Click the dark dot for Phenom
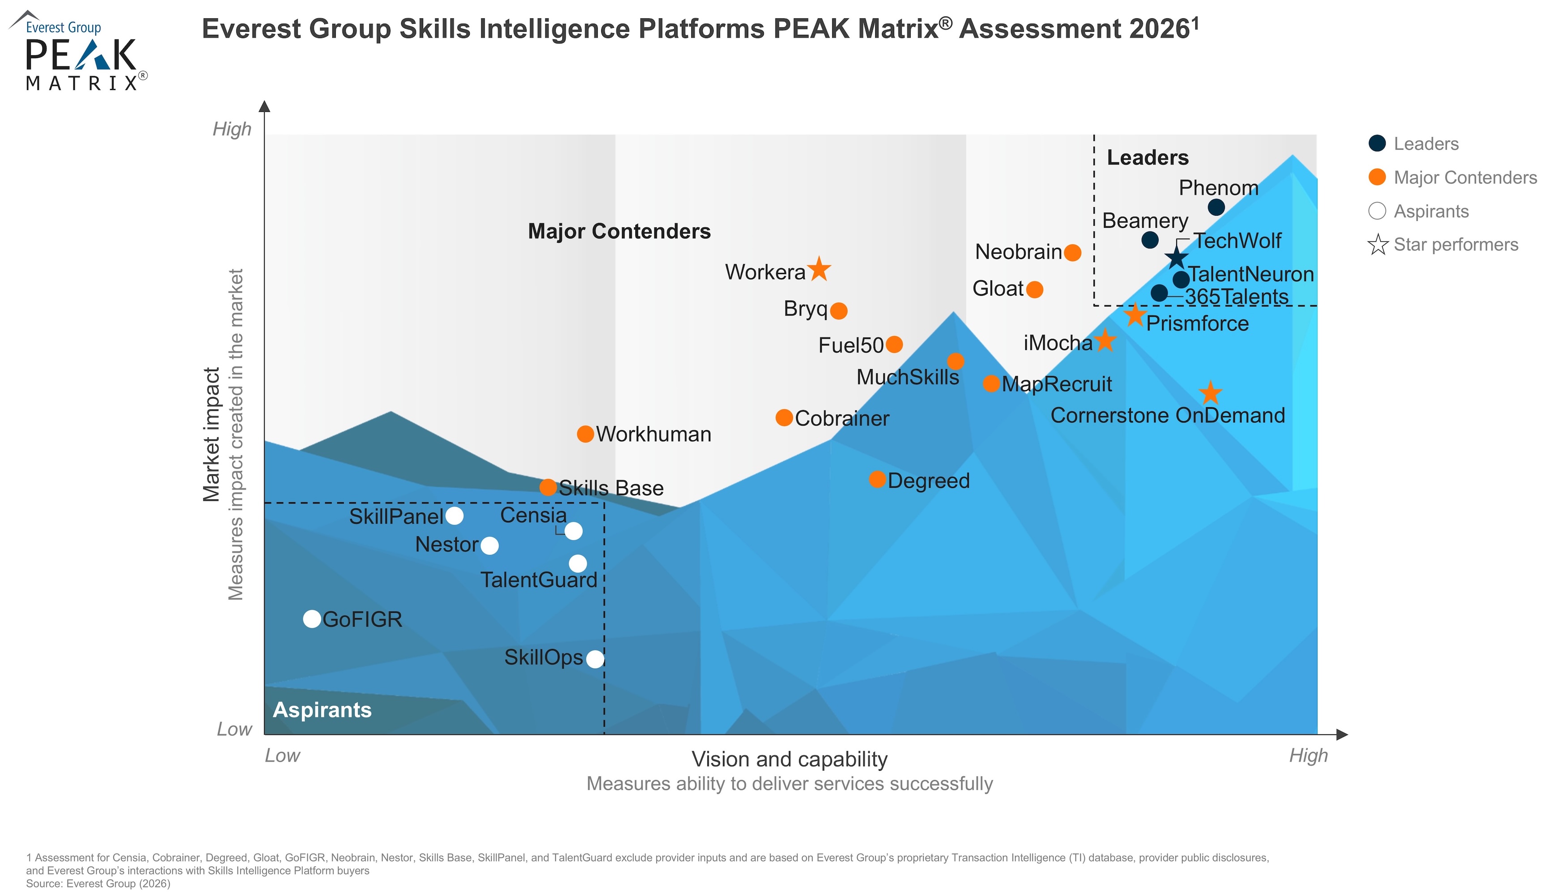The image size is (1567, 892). point(1216,207)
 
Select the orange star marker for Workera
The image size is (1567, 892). point(819,269)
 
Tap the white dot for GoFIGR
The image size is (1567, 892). point(312,619)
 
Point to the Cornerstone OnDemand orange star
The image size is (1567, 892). point(1210,393)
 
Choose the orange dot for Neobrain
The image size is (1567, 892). point(1072,252)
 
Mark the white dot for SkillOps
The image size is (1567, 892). point(595,659)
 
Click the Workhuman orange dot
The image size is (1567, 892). point(585,434)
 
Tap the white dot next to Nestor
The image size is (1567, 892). point(489,545)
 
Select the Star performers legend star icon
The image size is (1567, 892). point(1378,244)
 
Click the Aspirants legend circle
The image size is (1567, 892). point(1377,211)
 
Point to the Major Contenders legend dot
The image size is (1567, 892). point(1377,177)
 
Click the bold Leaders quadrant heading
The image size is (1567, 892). point(1147,158)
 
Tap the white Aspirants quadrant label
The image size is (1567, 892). point(322,709)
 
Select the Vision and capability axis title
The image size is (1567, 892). point(789,759)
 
